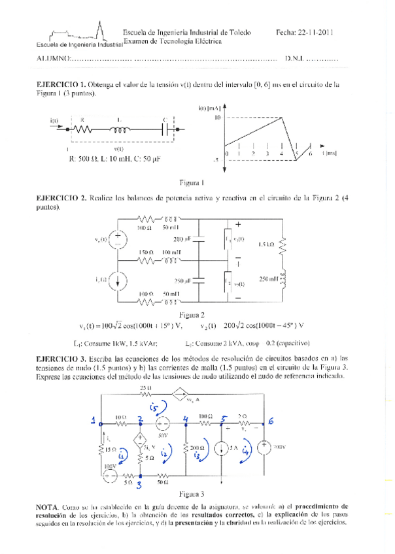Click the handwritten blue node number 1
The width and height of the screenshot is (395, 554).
click(x=94, y=420)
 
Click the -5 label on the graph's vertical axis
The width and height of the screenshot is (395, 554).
click(x=215, y=159)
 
